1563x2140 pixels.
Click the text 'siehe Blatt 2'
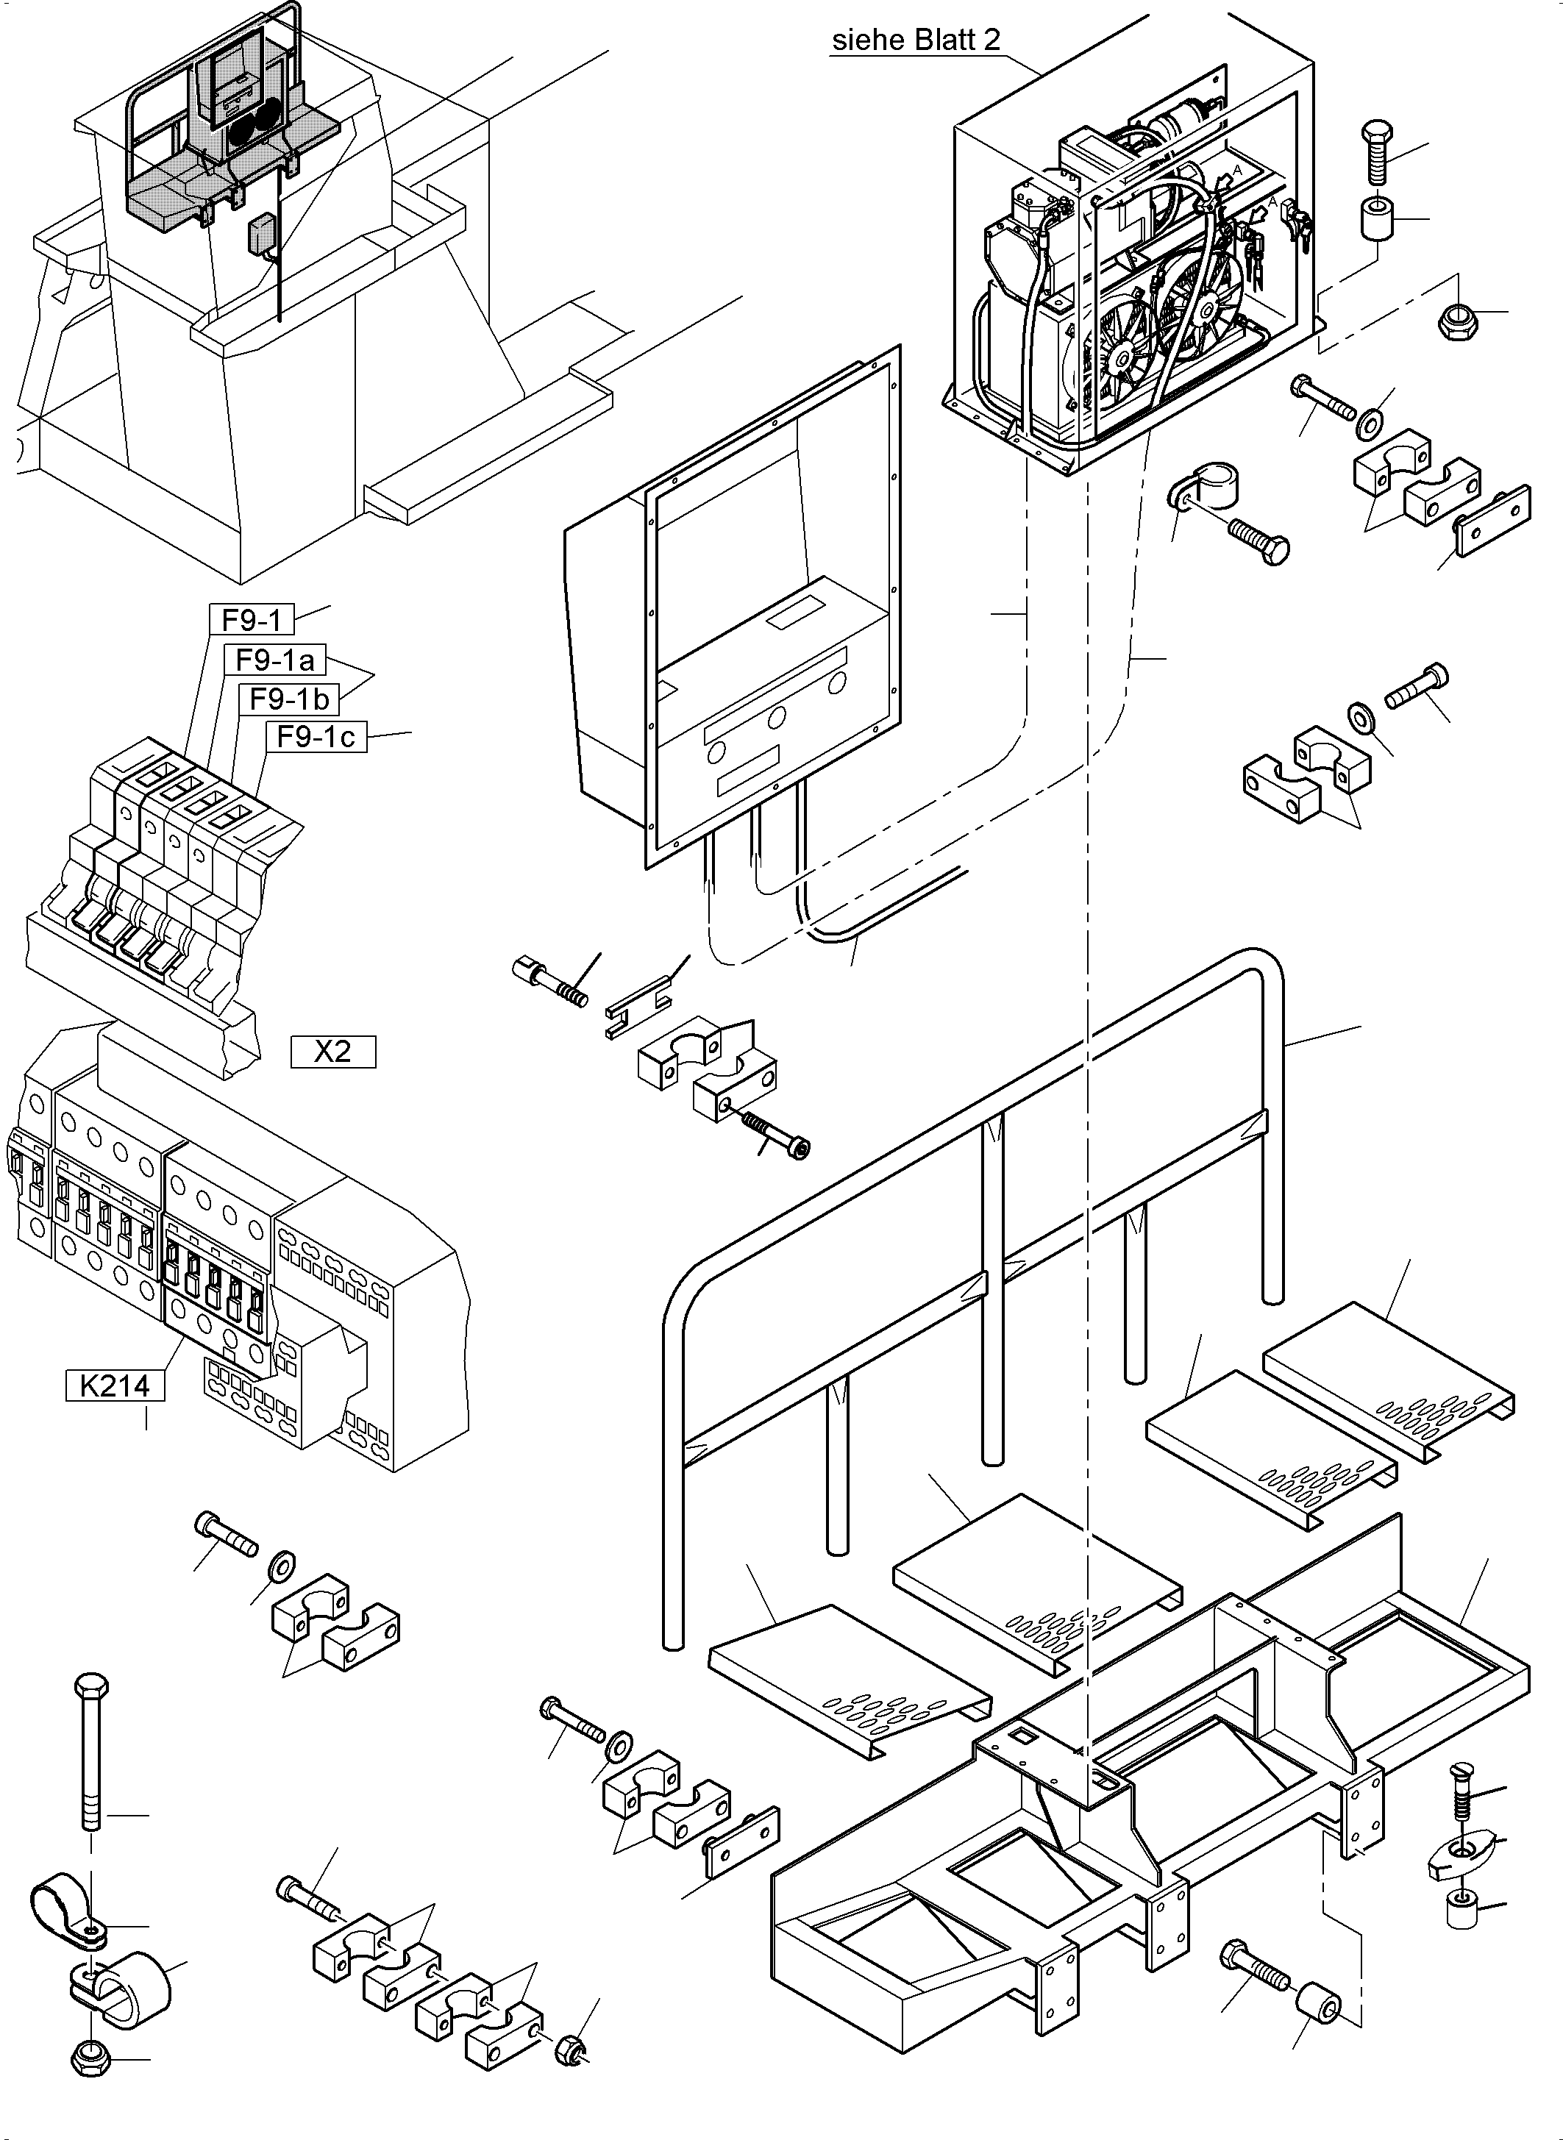point(915,40)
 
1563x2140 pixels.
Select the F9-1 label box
point(251,620)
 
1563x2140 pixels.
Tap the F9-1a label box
point(274,660)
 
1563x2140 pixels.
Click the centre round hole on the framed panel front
point(776,718)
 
